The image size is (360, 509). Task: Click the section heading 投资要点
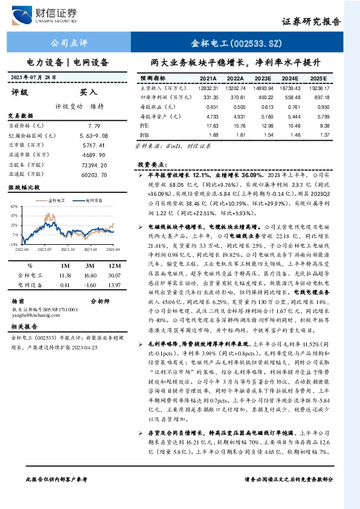[x=152, y=164]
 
